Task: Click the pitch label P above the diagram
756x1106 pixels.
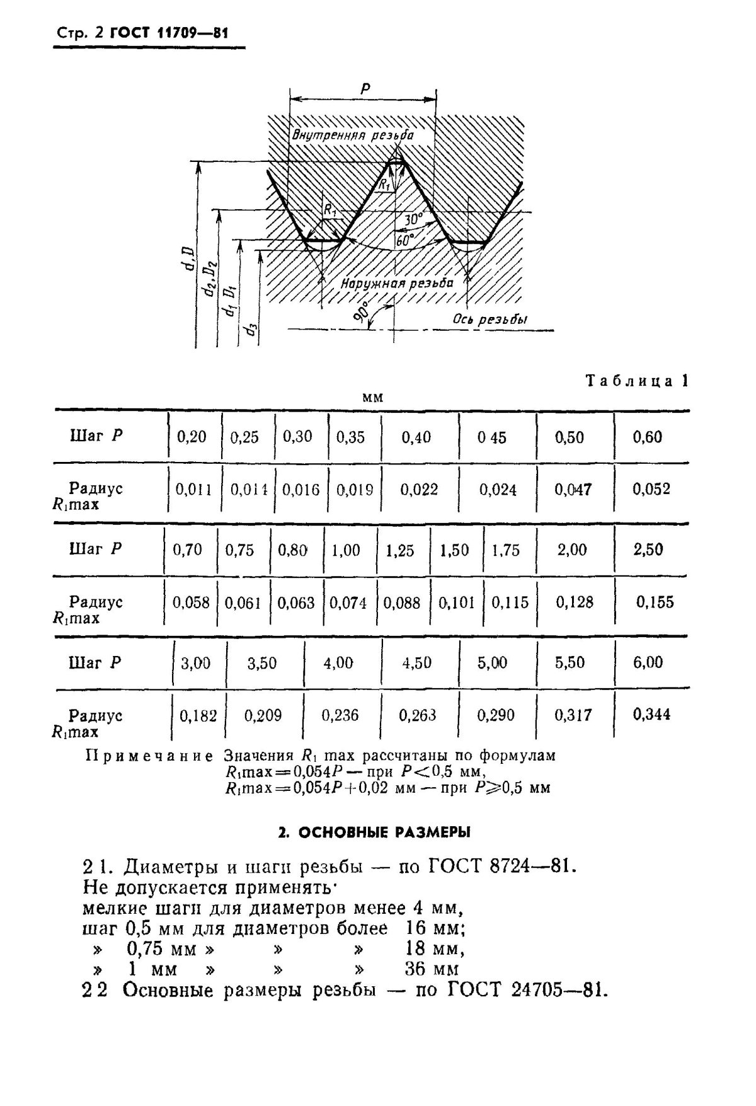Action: point(365,89)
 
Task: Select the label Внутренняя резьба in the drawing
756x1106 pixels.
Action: point(353,135)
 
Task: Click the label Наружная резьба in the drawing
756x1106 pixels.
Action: point(397,283)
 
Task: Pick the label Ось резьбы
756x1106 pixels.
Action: point(490,319)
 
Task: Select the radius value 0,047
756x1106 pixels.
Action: point(573,490)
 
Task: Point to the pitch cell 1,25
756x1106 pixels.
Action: point(399,550)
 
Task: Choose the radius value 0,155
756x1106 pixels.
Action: point(654,602)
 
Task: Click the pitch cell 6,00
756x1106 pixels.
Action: point(648,662)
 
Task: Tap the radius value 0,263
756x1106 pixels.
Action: point(417,715)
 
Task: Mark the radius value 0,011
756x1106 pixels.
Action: point(193,490)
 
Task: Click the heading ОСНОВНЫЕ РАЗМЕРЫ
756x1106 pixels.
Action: point(375,832)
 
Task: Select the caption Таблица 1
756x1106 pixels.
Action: point(637,381)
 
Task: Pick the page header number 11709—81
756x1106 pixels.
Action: point(186,33)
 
